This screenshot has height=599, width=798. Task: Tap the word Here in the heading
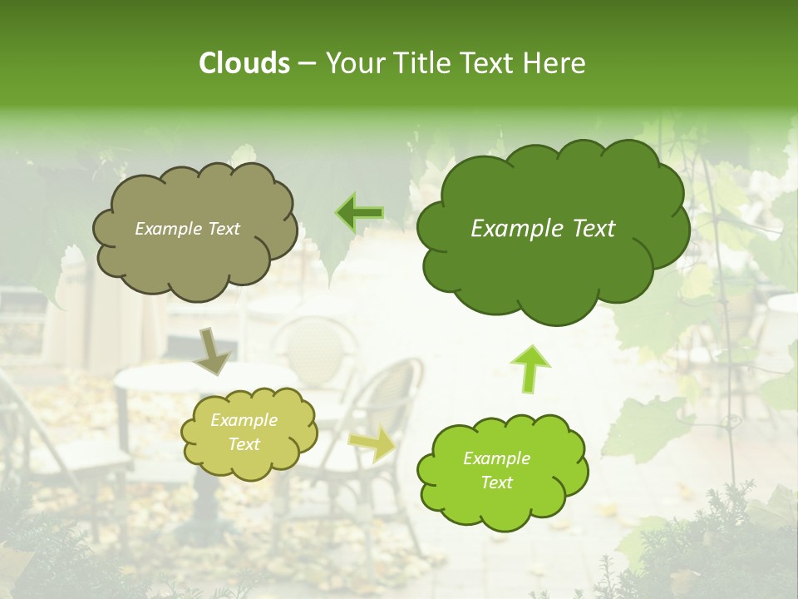pyautogui.click(x=554, y=63)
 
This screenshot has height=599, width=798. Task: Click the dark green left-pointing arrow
pyautogui.click(x=360, y=213)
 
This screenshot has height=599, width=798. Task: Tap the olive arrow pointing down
pyautogui.click(x=212, y=351)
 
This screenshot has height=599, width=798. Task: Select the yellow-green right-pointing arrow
pyautogui.click(x=372, y=443)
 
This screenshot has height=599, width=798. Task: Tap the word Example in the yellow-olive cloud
pyautogui.click(x=244, y=420)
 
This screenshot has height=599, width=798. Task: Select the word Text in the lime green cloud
pyautogui.click(x=496, y=483)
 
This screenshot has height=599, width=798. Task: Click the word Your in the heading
pyautogui.click(x=352, y=63)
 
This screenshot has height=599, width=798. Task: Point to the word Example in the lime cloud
pyautogui.click(x=496, y=458)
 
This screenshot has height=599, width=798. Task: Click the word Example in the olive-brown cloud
pyautogui.click(x=167, y=229)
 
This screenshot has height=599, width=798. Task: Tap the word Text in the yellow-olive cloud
pyautogui.click(x=244, y=444)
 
